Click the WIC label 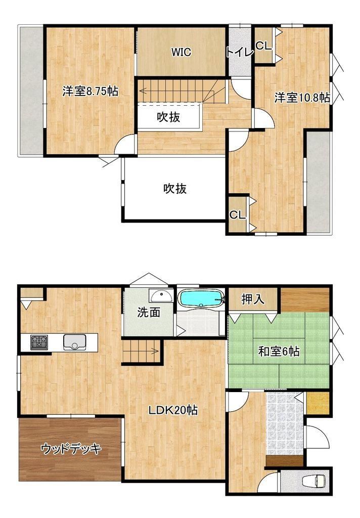181,52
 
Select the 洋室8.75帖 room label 90,91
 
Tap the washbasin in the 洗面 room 161,295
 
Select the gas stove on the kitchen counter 39,342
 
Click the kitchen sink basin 75,342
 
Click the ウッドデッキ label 71,449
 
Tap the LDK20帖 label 173,410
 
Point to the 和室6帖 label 279,352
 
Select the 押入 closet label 253,299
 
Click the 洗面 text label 149,313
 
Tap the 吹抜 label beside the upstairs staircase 168,117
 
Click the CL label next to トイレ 263,46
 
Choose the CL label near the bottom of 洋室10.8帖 238,215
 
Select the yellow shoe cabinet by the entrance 318,403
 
